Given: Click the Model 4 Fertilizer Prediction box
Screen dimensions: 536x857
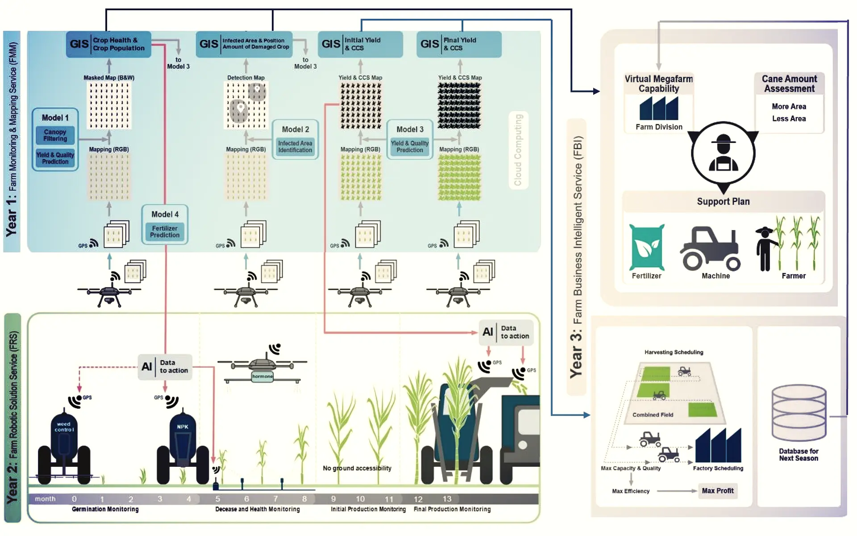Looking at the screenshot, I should [165, 225].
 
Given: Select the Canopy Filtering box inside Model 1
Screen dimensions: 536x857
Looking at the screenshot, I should [55, 135].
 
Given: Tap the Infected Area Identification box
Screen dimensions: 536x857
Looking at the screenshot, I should [295, 147].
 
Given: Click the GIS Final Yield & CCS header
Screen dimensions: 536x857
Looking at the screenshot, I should [458, 44].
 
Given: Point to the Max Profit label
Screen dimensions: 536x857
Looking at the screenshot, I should [717, 490].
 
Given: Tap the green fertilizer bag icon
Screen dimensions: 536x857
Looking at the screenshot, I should [647, 247].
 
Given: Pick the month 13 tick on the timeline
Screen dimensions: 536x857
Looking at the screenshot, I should [447, 499].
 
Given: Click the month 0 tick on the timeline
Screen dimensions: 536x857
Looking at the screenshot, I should [74, 499].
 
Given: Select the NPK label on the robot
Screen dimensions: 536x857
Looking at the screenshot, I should [183, 427].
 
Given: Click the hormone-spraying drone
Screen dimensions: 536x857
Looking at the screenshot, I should [262, 368].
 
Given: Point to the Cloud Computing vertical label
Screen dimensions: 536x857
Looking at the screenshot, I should [518, 150].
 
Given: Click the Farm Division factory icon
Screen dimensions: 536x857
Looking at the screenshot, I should [659, 109].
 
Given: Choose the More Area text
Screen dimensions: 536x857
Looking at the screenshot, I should [789, 106].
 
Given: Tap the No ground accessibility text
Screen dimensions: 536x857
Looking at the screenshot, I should [357, 468].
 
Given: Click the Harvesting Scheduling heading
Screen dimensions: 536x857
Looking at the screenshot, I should [674, 352].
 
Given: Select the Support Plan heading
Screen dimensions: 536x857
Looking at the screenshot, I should [723, 201].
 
